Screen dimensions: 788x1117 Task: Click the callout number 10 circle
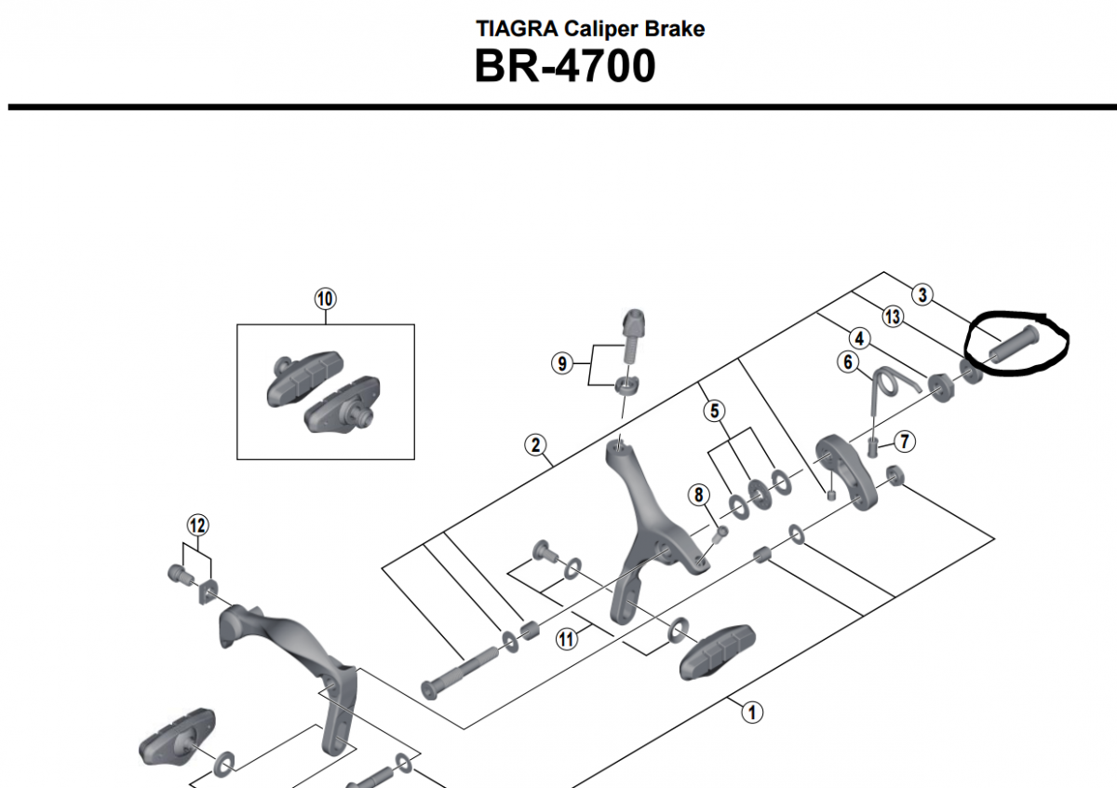click(325, 299)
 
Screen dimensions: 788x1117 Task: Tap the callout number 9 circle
click(561, 363)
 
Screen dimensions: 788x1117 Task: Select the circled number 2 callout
click(535, 445)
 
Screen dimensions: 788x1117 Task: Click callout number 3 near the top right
click(922, 295)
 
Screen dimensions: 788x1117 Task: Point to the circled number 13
click(893, 318)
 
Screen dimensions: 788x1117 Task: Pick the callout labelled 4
click(858, 339)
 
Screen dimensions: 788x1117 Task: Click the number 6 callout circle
click(848, 361)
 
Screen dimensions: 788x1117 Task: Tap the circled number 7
click(903, 441)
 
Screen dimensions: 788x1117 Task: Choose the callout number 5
click(714, 409)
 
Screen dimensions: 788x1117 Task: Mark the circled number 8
click(699, 495)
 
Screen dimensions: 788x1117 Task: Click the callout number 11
click(567, 639)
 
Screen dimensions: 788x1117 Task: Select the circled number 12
click(196, 525)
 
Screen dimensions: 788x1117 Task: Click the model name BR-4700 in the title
click(564, 67)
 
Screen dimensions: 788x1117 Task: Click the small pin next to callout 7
click(874, 446)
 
